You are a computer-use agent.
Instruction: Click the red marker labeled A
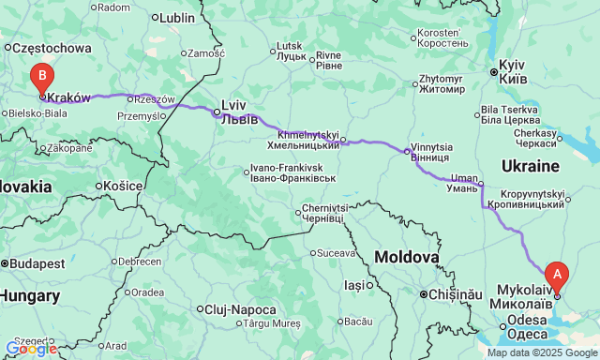[x=558, y=276]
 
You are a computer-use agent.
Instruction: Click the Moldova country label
[x=407, y=257]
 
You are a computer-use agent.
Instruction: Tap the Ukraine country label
[x=531, y=166]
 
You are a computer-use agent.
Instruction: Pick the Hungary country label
[x=29, y=296]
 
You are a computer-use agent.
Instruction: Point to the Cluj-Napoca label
[x=241, y=309]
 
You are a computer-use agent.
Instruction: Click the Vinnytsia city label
[x=431, y=152]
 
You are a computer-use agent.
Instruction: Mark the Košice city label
[x=122, y=186]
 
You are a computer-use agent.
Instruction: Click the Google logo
[x=30, y=349]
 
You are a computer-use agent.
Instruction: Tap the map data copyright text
[x=541, y=353]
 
